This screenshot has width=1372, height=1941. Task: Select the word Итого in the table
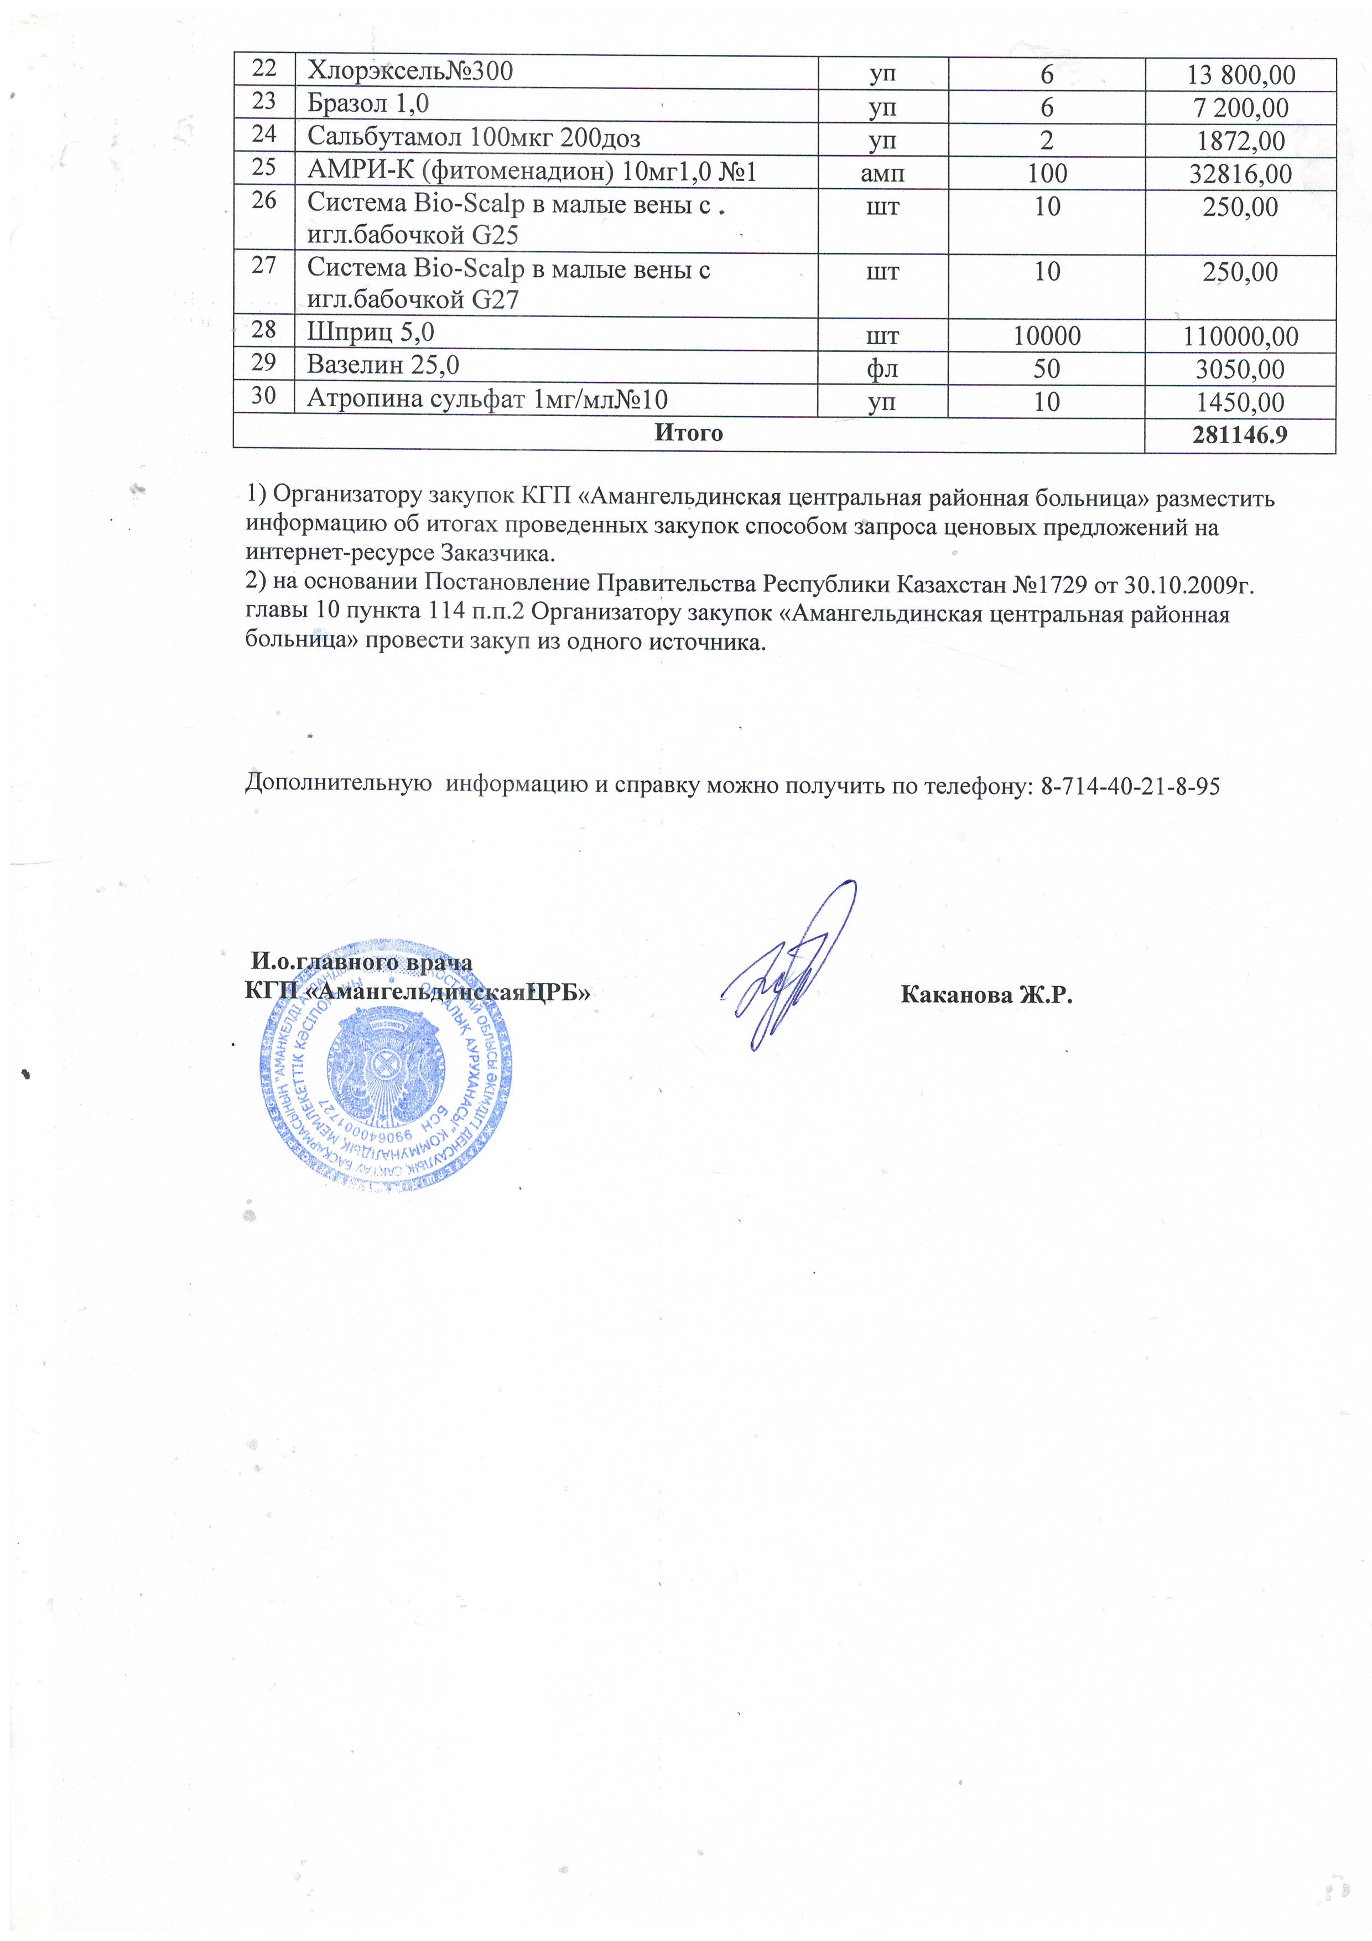pos(688,433)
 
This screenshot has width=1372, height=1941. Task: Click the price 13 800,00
pos(1240,75)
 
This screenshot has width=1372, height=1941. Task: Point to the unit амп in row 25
pos(882,173)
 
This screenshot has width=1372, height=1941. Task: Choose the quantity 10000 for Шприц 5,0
pos(1047,336)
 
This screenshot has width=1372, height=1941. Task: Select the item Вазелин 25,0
pos(383,365)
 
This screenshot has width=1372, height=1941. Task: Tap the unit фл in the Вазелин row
pos(882,370)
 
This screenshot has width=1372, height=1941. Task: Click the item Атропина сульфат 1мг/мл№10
pos(487,398)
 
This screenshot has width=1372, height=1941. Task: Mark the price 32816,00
pos(1240,174)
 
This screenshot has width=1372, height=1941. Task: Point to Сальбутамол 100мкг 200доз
pos(474,137)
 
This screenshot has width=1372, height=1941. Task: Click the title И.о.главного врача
pos(362,962)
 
